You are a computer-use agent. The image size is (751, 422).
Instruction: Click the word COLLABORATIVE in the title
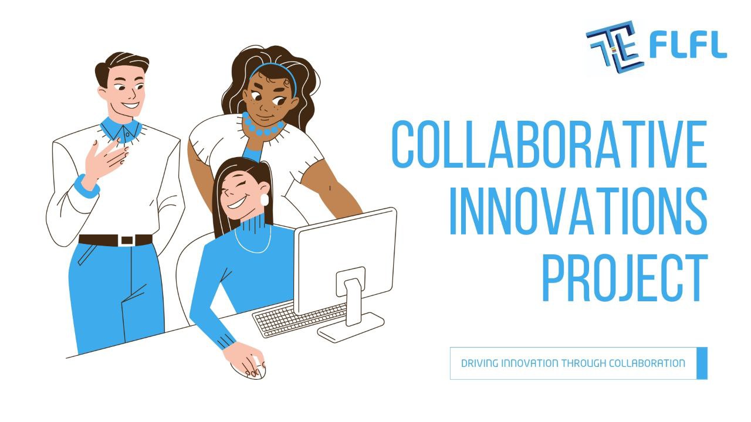click(x=549, y=144)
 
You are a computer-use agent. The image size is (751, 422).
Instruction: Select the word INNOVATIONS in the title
click(x=577, y=211)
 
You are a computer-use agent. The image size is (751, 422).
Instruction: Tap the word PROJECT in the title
click(x=624, y=278)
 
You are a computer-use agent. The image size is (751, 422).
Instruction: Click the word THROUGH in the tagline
click(x=584, y=363)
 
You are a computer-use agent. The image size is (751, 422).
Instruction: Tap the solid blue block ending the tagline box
click(x=702, y=363)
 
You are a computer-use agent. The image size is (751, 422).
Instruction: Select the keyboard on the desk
click(x=299, y=319)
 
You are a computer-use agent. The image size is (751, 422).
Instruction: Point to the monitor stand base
click(x=351, y=328)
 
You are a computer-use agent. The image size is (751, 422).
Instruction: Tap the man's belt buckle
click(x=126, y=240)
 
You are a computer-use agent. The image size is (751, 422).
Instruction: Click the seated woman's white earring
click(x=264, y=199)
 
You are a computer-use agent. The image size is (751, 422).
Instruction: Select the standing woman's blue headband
click(x=273, y=70)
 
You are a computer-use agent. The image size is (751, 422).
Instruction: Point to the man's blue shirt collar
click(x=120, y=129)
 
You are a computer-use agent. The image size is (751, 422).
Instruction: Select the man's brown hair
click(x=120, y=62)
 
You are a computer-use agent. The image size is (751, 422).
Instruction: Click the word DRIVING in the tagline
click(x=478, y=363)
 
